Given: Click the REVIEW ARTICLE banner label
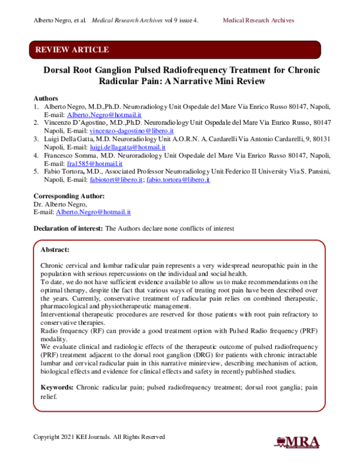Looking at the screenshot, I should pos(73,49).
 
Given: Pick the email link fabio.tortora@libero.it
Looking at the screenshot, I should pos(178,179).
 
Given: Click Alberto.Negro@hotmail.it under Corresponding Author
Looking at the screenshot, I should pos(93,212).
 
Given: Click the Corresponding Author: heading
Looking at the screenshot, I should pos(69,196).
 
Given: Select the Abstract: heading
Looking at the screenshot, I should pos(55,249).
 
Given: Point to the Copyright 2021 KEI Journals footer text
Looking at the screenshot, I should pos(99,437).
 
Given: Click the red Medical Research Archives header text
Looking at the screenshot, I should pos(259,20).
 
